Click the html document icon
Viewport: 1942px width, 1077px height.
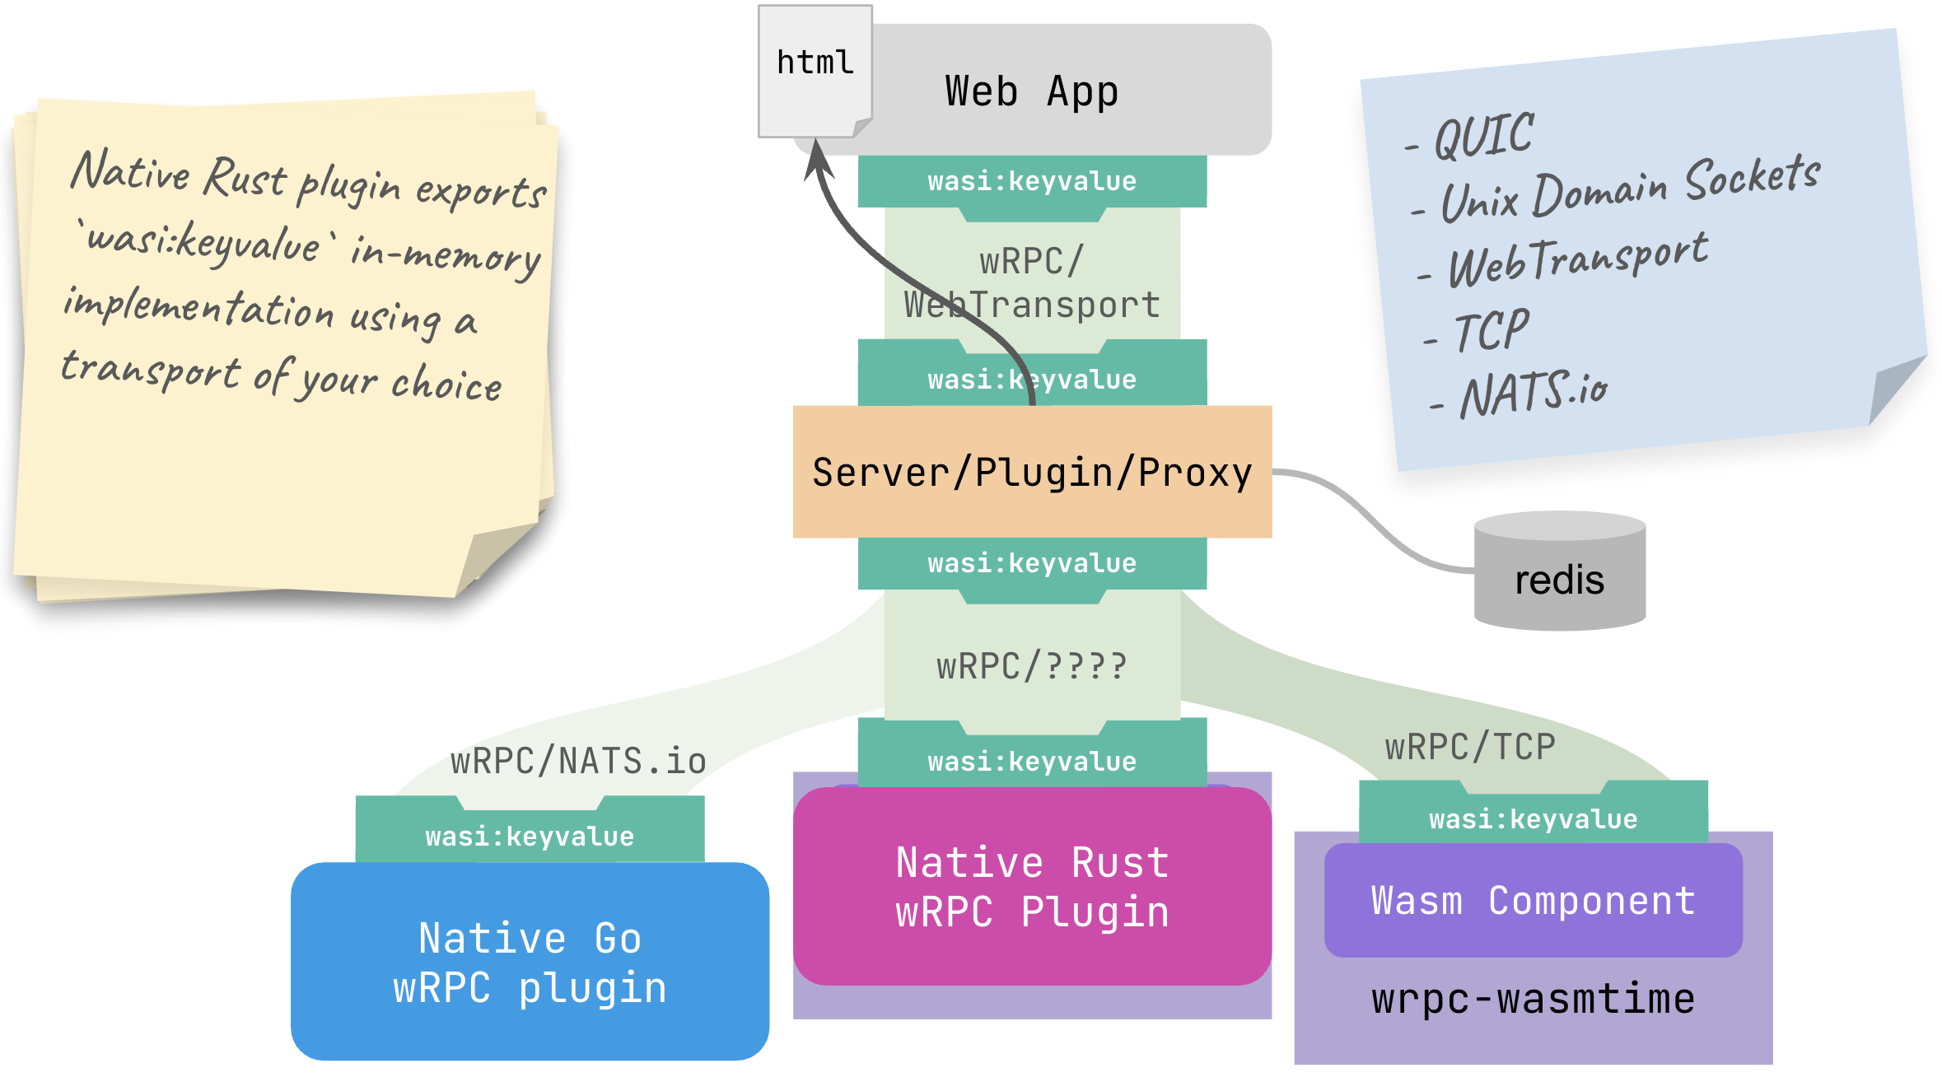(815, 71)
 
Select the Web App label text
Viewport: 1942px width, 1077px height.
(1032, 91)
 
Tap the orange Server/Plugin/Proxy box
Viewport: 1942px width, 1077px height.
(1032, 473)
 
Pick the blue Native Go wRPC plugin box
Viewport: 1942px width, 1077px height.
(530, 962)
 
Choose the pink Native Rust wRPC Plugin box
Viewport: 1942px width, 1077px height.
(1032, 888)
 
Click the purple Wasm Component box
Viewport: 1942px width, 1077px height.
(1533, 901)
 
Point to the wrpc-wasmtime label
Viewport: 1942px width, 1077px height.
(1533, 1000)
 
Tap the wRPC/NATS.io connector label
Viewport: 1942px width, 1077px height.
(578, 761)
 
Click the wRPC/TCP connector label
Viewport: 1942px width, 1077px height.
(1470, 748)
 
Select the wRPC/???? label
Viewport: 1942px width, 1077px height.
(1032, 666)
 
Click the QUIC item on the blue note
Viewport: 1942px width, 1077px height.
(1483, 137)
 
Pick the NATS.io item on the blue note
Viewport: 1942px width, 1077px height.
(1533, 394)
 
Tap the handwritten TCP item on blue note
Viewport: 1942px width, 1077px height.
(1492, 331)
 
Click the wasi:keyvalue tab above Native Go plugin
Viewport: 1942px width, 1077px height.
(530, 837)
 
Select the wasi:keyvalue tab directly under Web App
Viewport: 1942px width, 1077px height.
(1032, 181)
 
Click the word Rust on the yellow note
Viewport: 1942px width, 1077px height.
(245, 178)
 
